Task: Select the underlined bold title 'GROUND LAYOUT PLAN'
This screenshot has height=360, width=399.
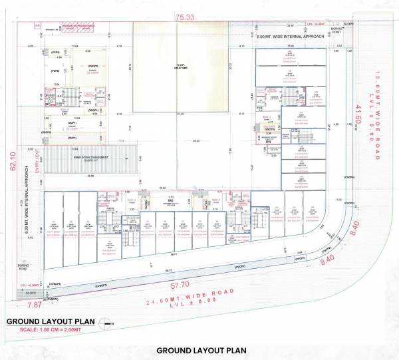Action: (x=49, y=321)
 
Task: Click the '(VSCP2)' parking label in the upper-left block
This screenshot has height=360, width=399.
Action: (x=94, y=67)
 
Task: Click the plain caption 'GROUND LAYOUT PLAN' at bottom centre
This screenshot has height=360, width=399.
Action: (x=201, y=350)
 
